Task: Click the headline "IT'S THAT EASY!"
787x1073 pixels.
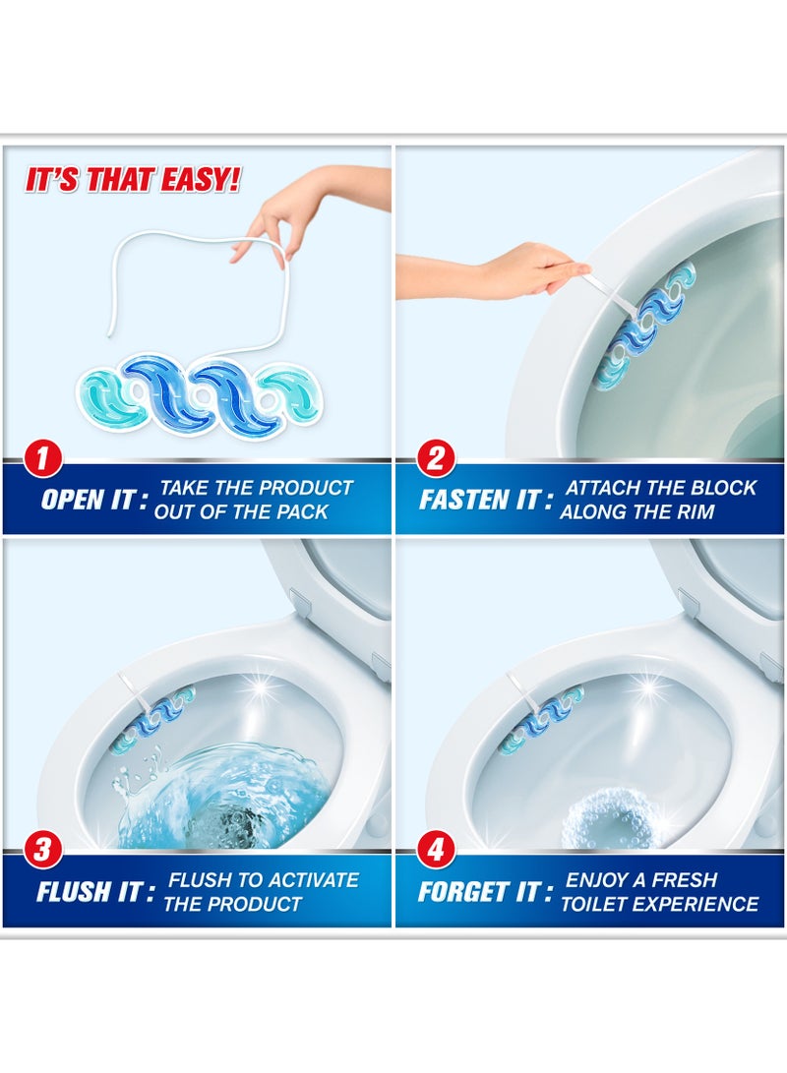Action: pyautogui.click(x=133, y=181)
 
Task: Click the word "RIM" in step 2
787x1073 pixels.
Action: pyautogui.click(x=693, y=512)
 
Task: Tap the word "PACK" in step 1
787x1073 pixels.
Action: pyautogui.click(x=300, y=512)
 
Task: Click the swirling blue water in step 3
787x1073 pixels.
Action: pyautogui.click(x=226, y=797)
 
